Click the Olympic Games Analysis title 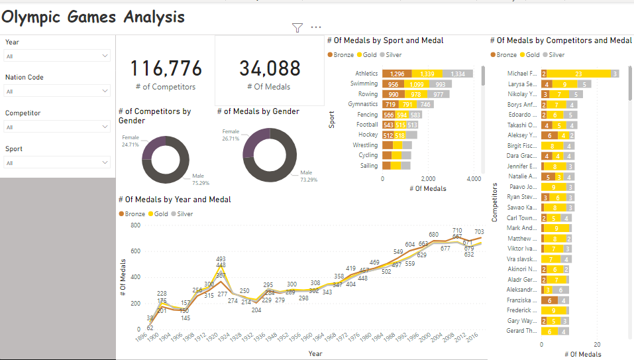click(93, 17)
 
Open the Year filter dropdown click(57, 56)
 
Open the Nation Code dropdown click(57, 91)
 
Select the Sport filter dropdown click(57, 162)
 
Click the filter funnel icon click(297, 28)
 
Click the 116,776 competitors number click(166, 69)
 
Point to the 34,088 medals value click(270, 68)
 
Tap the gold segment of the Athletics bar click(427, 74)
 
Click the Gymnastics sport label click(364, 104)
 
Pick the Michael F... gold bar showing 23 click(578, 74)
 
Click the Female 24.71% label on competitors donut click(130, 140)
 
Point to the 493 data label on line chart click(221, 259)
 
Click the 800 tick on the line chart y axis click(135, 225)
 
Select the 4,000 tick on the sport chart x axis click(473, 179)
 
